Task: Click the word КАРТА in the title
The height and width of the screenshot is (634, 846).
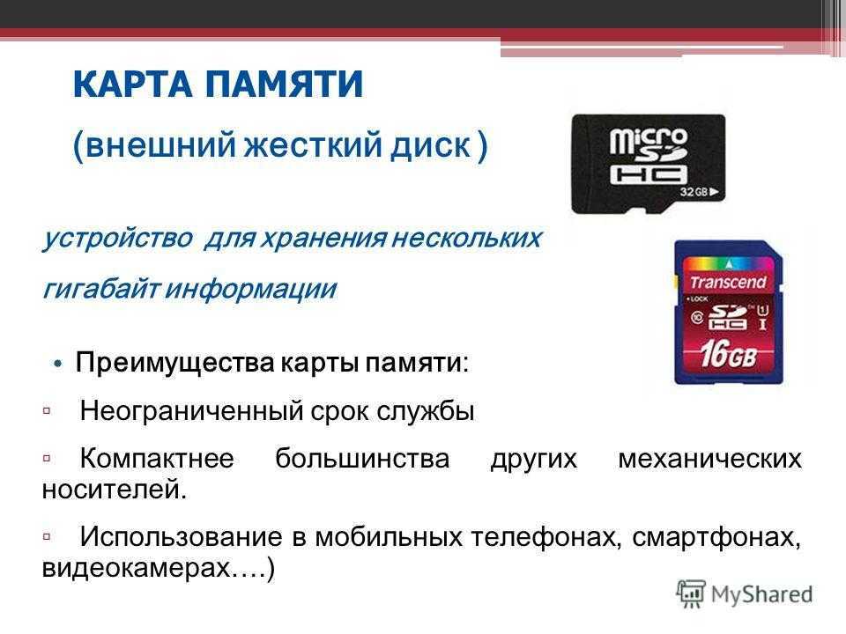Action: (x=132, y=84)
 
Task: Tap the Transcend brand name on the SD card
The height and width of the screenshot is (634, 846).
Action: (x=729, y=282)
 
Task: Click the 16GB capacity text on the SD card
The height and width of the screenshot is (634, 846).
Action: (x=728, y=354)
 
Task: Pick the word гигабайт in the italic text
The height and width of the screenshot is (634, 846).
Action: (x=100, y=290)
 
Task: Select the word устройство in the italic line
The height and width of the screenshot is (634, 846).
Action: (x=117, y=239)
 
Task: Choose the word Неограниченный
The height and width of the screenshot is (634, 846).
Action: (x=191, y=411)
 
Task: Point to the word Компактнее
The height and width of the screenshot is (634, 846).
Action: (x=157, y=460)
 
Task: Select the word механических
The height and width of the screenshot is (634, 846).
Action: (x=710, y=460)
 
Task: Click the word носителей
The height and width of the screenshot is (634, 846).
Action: (x=115, y=490)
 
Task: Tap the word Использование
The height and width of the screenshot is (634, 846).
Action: (x=182, y=536)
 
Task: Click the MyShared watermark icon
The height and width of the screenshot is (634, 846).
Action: (x=691, y=593)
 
